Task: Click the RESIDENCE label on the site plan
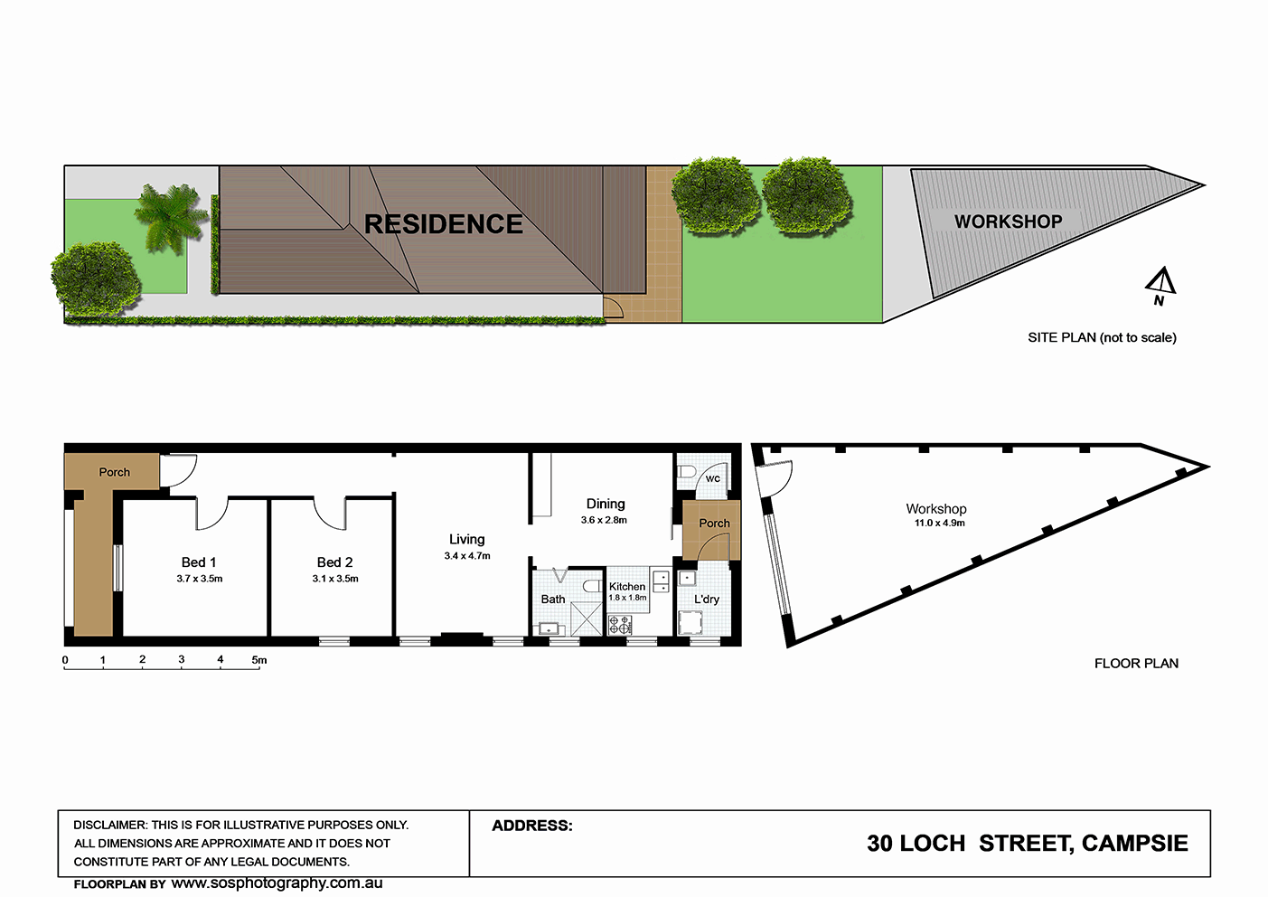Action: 443,224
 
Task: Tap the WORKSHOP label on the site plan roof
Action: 1008,222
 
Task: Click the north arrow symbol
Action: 1161,285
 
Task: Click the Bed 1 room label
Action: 199,562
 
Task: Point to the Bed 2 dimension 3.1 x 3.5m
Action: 335,579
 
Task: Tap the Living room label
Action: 466,540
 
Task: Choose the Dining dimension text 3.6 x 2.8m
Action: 604,520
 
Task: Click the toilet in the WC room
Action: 687,472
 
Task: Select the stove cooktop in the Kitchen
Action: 620,624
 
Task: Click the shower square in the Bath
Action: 585,619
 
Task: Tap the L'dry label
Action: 707,600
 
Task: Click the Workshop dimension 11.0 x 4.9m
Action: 939,523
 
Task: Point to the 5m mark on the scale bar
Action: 258,661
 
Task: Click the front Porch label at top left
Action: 115,472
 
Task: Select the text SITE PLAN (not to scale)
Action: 1102,337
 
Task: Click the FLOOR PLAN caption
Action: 1136,664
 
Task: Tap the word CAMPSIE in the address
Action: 1134,844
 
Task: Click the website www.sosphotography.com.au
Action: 277,883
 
